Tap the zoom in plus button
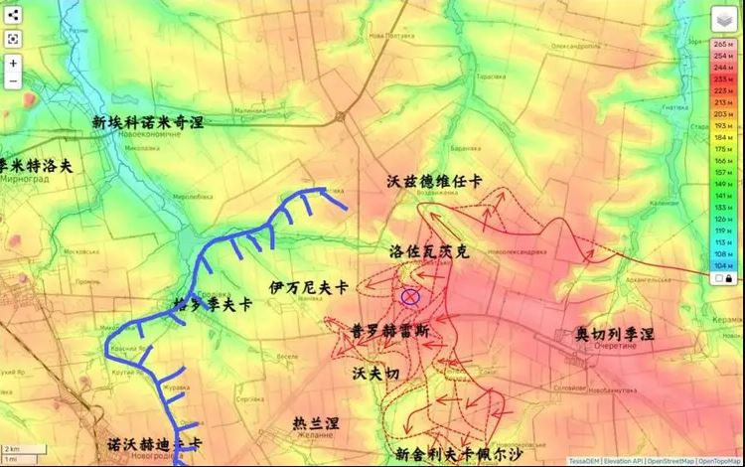point(13,62)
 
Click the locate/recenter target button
point(13,39)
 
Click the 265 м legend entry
point(722,45)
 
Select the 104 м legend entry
point(722,266)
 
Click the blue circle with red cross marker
point(409,295)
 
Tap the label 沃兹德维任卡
point(434,181)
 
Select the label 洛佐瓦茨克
point(429,252)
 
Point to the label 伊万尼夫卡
point(308,287)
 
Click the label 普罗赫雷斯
point(390,331)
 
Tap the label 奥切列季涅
point(614,334)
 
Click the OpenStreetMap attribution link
point(667,461)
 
